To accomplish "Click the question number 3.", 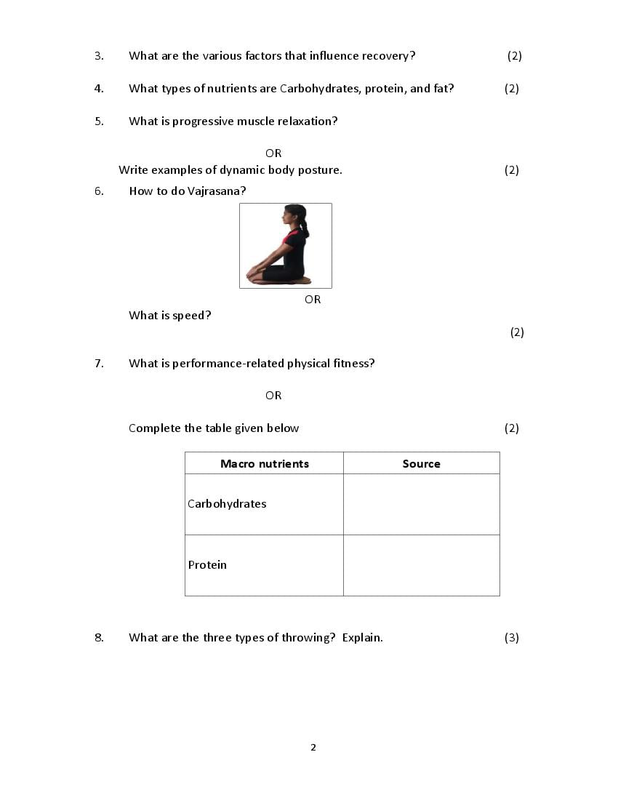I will (99, 56).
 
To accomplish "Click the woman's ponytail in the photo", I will (305, 228).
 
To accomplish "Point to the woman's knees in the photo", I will (252, 275).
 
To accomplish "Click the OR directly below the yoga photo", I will (313, 300).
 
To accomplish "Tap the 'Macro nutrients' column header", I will (265, 464).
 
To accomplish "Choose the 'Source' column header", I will (422, 464).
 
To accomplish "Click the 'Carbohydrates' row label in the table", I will (227, 504).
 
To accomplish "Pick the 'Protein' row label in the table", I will (207, 565).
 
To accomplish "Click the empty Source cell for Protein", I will (422, 565).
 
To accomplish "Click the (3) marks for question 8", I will (512, 638).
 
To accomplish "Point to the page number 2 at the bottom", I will (313, 748).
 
